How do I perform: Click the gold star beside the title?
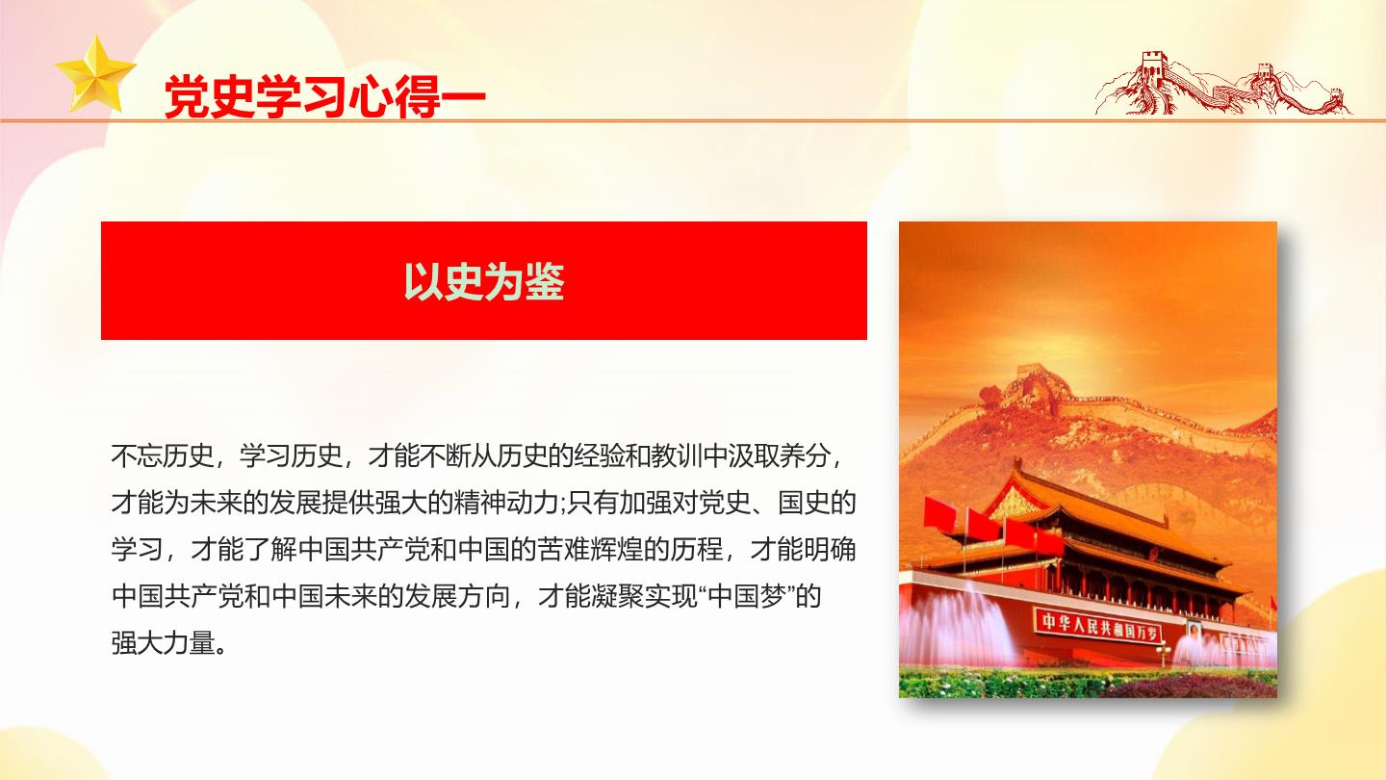(x=95, y=75)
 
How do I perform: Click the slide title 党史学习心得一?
(x=325, y=97)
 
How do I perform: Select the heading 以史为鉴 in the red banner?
(x=484, y=281)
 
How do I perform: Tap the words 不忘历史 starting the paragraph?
(x=162, y=456)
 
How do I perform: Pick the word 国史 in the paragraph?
(x=803, y=504)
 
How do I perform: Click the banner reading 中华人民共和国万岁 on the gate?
(x=1097, y=624)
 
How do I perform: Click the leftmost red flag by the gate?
(x=939, y=513)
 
